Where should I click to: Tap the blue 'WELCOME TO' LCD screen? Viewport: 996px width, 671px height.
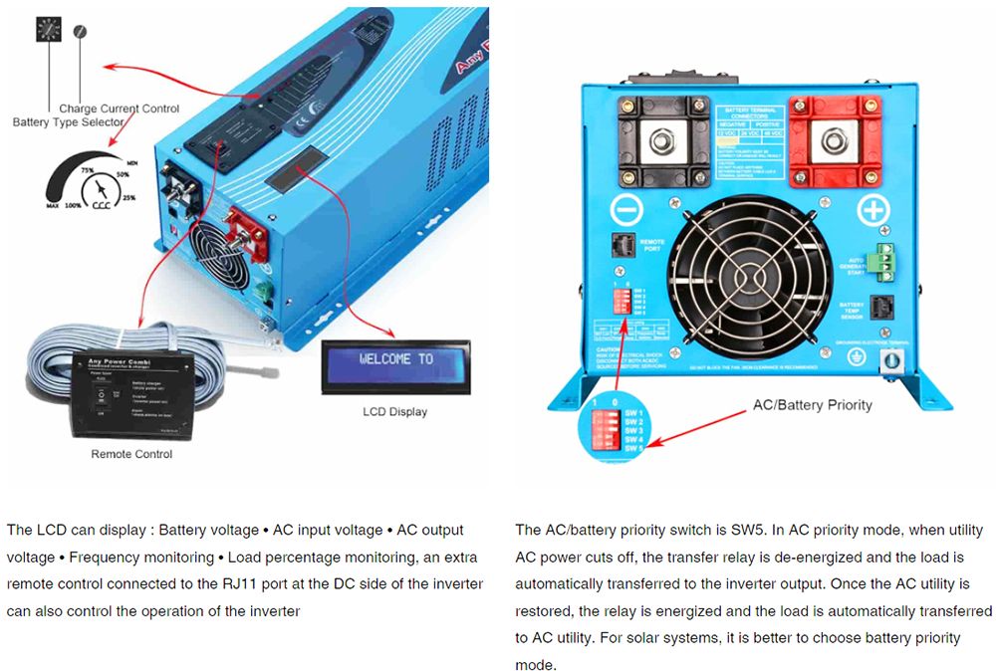(396, 359)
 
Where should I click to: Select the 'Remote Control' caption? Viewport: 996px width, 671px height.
(131, 454)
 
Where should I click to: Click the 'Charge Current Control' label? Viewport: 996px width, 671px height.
(120, 109)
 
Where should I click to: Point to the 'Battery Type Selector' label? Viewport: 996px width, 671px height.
(69, 121)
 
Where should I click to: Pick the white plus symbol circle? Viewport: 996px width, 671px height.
(872, 210)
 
